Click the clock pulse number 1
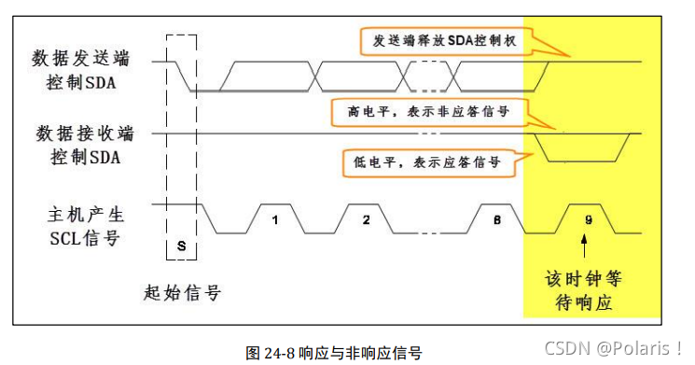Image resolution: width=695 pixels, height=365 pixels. tap(275, 221)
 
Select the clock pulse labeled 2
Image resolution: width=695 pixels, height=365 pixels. tap(366, 221)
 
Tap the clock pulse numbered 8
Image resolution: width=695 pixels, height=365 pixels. tap(498, 221)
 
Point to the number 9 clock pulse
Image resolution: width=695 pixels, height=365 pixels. tap(585, 222)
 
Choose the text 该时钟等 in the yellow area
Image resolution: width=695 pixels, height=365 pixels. tap(583, 280)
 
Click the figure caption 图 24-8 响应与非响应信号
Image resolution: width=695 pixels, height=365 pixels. tap(333, 353)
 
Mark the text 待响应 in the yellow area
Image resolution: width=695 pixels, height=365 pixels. tap(583, 303)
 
